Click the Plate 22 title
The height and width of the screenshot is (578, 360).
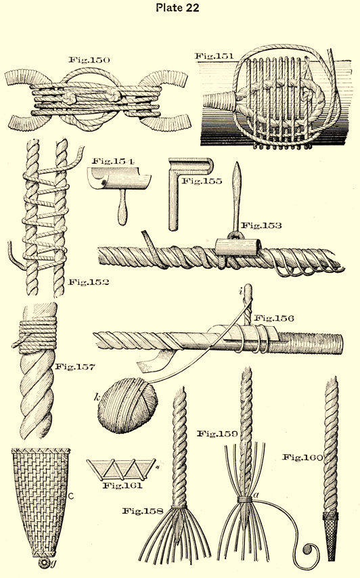[177, 7]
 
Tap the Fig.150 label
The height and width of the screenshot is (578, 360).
[89, 60]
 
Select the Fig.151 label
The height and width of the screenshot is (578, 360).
[214, 56]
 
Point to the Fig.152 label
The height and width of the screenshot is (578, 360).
[89, 282]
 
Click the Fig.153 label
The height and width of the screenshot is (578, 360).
[261, 225]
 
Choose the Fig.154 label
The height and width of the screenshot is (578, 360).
[113, 161]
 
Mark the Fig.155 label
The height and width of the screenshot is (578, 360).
[202, 181]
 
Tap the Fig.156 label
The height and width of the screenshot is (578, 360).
[274, 317]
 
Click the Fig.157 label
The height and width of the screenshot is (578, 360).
[75, 367]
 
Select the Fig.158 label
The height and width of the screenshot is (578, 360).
[143, 511]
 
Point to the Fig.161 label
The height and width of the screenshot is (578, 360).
[122, 485]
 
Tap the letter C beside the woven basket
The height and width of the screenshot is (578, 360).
[72, 497]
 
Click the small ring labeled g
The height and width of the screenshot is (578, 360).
[45, 563]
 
